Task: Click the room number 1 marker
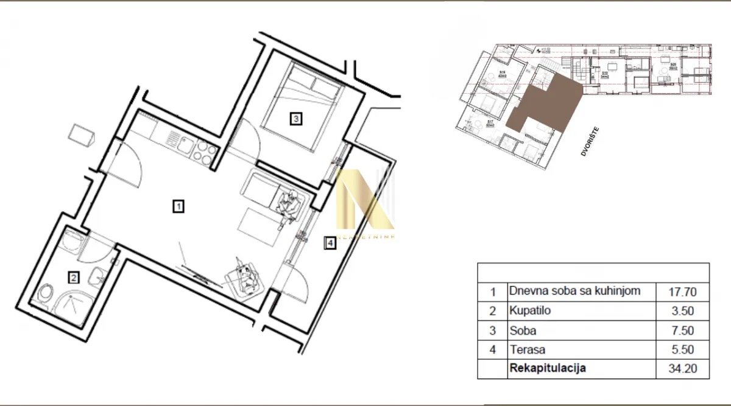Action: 178,207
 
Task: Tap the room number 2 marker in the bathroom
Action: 73,278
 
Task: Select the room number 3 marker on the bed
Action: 295,119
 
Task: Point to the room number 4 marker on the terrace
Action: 330,243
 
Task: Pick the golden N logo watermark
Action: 364,201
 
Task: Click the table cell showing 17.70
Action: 682,292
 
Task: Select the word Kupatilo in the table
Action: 529,310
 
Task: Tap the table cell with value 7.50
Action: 682,331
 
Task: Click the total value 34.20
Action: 682,369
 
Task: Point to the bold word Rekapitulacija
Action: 548,368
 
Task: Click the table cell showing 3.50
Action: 682,311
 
